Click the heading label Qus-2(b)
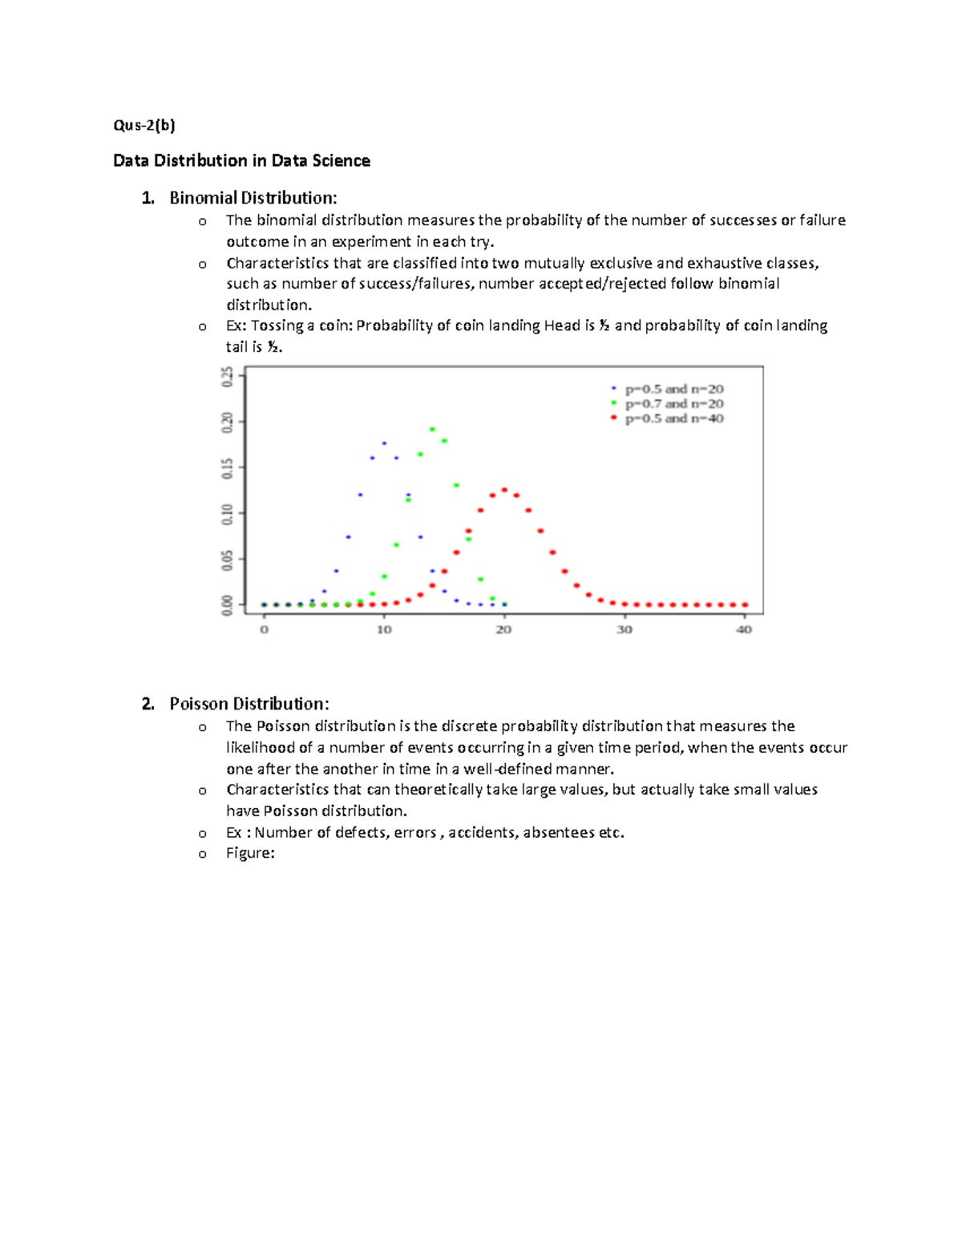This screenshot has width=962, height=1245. pos(143,125)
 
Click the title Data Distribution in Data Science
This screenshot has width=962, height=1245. pos(241,161)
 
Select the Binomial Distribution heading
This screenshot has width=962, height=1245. pos(253,198)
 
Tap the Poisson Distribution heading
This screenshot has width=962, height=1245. pos(249,704)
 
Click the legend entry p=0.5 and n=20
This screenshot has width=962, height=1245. pos(673,390)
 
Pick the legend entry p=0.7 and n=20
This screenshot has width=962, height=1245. pos(673,404)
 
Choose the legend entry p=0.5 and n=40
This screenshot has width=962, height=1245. pos(673,418)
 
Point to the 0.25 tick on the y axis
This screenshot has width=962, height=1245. pos(228,377)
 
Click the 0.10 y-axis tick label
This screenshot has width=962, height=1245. pos(228,514)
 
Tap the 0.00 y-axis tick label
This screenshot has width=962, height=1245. pos(228,605)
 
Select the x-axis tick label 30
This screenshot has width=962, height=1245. pos(624,630)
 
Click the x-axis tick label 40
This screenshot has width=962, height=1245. pos(744,630)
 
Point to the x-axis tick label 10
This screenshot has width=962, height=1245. pos(384,630)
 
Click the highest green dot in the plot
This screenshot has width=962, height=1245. pos(432,430)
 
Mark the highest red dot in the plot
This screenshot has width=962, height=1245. pos(504,490)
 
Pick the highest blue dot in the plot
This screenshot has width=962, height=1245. pos(384,443)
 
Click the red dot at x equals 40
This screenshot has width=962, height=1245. pos(745,605)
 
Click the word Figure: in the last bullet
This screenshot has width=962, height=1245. pos(250,854)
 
